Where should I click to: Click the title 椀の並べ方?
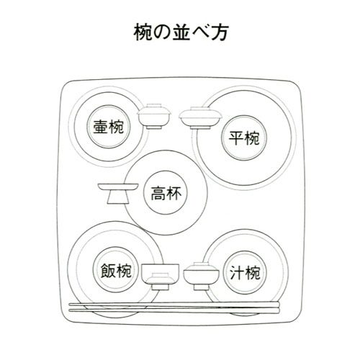point(180,32)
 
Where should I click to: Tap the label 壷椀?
point(108,127)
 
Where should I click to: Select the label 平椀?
point(244,138)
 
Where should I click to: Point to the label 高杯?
point(166,193)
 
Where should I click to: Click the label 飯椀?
point(116,271)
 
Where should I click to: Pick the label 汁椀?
point(245,272)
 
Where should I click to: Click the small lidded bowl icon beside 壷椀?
point(154,117)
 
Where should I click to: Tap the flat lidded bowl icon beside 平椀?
point(200,118)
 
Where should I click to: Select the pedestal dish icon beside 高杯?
point(118,194)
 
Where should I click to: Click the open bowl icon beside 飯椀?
point(160,276)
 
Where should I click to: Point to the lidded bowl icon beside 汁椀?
point(202,276)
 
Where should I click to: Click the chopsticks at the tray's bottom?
point(174,308)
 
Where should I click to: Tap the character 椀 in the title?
point(143,32)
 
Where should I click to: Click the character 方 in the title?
point(219,32)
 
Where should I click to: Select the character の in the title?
point(161,32)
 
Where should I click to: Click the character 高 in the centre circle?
point(158,193)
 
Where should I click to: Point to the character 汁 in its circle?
point(237,272)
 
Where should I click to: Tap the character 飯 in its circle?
point(108,271)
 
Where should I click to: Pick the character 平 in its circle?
point(236,138)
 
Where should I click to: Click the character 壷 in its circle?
point(101,127)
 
